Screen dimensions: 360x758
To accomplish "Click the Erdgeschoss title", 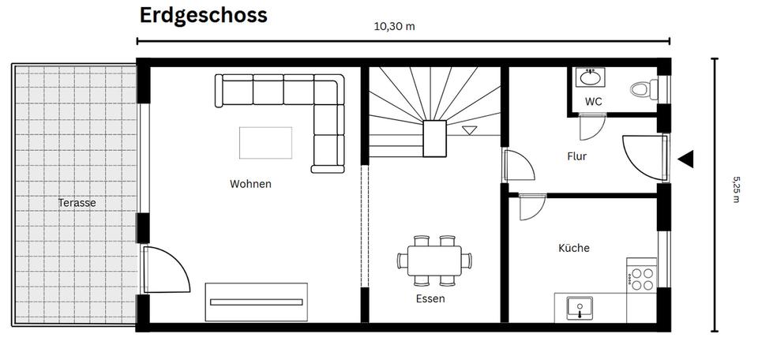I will pos(203,15).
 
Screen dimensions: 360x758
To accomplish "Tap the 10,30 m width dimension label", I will pos(394,26).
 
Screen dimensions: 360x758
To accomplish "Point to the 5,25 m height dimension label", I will pos(736,189).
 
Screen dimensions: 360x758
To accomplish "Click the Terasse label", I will pos(77,203).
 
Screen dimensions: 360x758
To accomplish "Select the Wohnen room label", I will pos(250,184).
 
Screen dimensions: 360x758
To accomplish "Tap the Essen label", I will pos(430,298).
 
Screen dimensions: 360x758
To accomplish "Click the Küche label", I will pos(574,248).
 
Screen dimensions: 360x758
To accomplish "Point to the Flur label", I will pos(577,156).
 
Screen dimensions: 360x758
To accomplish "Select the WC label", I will pos(594,102).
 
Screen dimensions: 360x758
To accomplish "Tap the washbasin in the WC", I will pos(589,78).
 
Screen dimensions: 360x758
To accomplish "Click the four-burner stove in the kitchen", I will pos(641,277).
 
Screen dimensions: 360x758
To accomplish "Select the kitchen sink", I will pos(580,307).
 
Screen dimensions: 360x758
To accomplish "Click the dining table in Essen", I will pos(434,259).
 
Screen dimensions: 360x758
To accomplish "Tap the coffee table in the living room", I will pos(265,142).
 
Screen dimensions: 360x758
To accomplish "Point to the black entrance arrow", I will pos(685,159).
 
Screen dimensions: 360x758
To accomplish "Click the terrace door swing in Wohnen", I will pos(165,268).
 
